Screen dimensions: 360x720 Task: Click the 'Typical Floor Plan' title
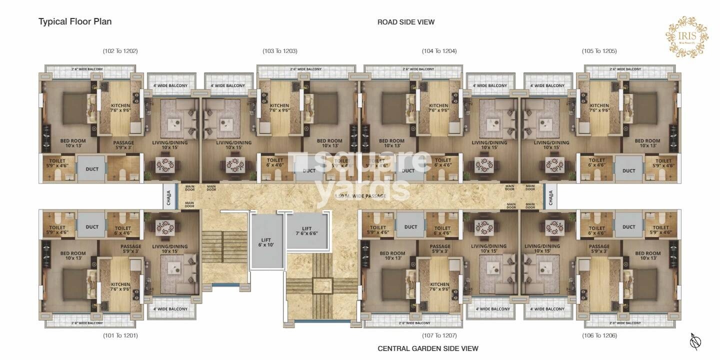coord(75,21)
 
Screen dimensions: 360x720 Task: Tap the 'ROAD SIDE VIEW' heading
coord(405,22)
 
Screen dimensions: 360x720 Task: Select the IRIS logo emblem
coord(686,37)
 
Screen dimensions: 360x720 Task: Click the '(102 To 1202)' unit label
coord(120,51)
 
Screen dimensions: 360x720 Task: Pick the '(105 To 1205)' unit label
coord(599,51)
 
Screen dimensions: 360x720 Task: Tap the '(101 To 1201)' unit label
coord(120,335)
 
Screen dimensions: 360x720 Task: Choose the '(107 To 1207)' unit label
coord(439,335)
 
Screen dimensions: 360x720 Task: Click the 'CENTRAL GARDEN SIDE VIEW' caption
coord(427,348)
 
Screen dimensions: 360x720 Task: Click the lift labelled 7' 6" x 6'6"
coord(306,230)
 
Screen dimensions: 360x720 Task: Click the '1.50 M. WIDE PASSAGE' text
coord(360,196)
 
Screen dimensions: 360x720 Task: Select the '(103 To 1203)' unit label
coord(280,51)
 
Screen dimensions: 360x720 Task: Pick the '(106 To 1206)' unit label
coord(599,335)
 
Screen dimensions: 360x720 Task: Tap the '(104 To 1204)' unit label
coord(439,51)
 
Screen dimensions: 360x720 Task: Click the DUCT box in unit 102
coord(92,169)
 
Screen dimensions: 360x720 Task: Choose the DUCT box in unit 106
coord(628,227)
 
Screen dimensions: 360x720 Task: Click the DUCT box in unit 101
coord(92,227)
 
